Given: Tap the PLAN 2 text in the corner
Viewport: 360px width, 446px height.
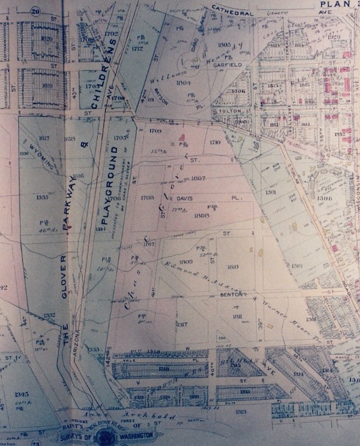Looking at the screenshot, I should [x=338, y=5].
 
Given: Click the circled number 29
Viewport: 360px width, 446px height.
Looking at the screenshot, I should [x=35, y=11].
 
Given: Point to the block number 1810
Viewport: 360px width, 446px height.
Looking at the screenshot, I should [x=233, y=266].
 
